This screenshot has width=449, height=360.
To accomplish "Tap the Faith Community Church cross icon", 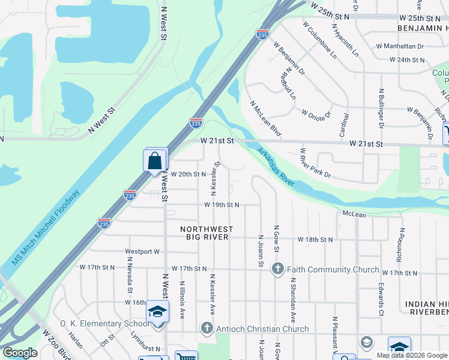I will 277,269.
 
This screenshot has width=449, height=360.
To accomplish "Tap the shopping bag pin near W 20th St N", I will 155,161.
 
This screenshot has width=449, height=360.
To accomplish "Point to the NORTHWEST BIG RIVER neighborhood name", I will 205,233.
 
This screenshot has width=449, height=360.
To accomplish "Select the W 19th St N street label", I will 222,205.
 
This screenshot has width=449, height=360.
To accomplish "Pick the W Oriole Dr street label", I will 316,113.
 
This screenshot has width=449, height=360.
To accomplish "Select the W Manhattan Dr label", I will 400,46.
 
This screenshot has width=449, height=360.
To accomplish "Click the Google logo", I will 20,353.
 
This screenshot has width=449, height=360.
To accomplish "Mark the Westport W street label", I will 142,251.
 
